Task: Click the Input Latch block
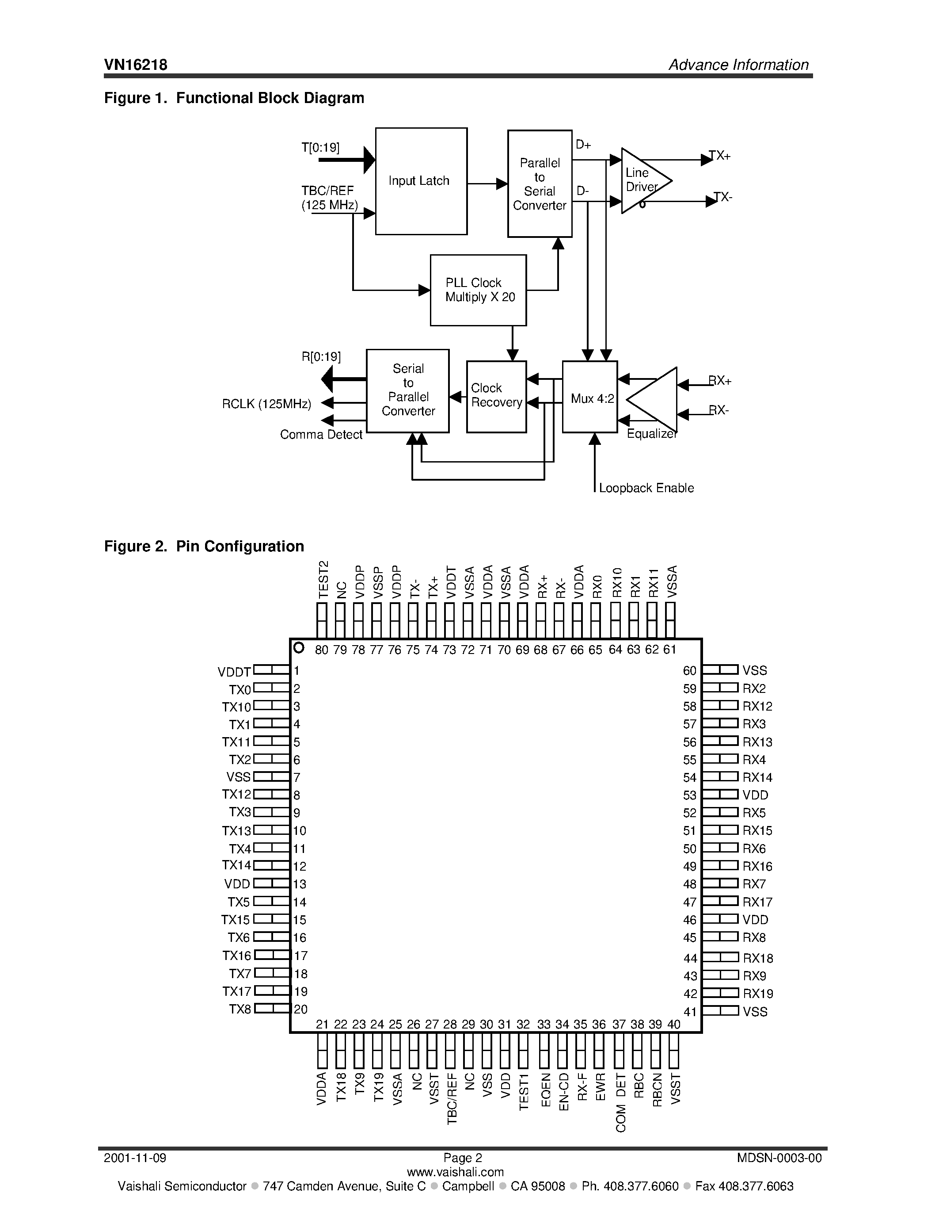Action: [x=421, y=181]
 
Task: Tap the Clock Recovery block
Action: [x=496, y=396]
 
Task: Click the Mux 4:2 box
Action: [x=589, y=397]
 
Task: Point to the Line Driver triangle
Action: [x=642, y=180]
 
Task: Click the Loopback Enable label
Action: [x=646, y=488]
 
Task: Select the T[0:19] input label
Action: [x=320, y=148]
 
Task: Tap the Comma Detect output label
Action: [x=321, y=435]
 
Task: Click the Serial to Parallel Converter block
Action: [x=407, y=390]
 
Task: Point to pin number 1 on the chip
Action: [x=297, y=671]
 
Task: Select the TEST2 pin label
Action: [x=323, y=580]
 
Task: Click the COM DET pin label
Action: [x=621, y=1102]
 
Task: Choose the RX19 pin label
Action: [x=758, y=994]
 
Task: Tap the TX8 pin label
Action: [x=240, y=1010]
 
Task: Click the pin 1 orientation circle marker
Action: [x=299, y=647]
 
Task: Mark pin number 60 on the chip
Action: [x=689, y=671]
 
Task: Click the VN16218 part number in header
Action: [x=136, y=65]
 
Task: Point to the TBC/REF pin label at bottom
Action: [x=452, y=1099]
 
